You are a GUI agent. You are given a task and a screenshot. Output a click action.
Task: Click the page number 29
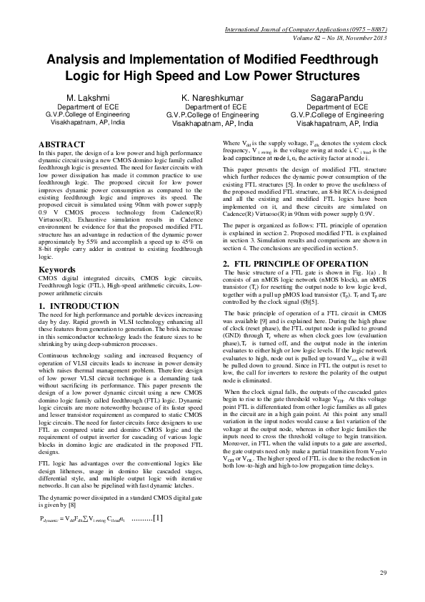click(x=382, y=574)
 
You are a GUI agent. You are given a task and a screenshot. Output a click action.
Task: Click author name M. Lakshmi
click(x=86, y=97)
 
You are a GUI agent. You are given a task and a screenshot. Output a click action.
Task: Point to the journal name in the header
click(x=306, y=31)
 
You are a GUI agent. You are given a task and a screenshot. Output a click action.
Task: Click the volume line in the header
click(x=346, y=39)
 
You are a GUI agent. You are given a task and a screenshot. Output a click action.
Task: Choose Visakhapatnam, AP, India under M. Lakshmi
click(x=86, y=122)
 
